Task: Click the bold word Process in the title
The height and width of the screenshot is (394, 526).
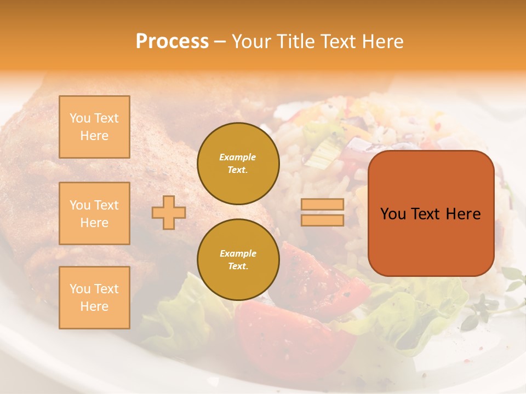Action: (172, 42)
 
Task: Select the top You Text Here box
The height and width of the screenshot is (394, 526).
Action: (94, 127)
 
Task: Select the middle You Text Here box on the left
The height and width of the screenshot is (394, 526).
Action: (94, 213)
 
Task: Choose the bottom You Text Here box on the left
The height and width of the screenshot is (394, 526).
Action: (94, 297)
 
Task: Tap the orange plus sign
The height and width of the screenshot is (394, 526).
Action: (168, 212)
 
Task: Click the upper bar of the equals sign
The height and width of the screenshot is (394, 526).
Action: (322, 205)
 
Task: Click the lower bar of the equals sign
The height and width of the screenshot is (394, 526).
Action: (322, 220)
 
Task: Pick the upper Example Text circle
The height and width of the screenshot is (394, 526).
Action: (238, 163)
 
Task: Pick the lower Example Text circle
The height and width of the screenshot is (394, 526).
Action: (238, 259)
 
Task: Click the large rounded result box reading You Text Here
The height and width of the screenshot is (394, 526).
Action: (431, 213)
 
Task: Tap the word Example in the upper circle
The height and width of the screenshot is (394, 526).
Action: (238, 157)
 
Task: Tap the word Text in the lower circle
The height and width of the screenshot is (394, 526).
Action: (238, 266)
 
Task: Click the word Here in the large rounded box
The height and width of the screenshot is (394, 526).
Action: (463, 214)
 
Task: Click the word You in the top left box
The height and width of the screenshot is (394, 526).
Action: (80, 118)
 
